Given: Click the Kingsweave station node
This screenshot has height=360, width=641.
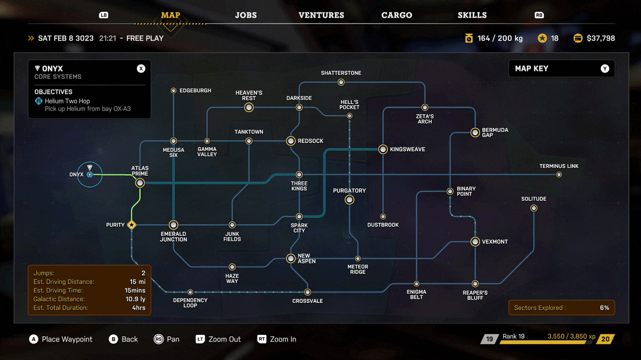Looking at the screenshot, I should (x=383, y=149).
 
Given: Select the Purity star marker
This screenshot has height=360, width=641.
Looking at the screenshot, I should (x=132, y=225).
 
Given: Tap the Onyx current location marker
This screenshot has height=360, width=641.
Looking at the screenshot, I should (x=90, y=174).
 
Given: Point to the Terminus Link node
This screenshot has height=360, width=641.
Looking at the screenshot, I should (x=559, y=175).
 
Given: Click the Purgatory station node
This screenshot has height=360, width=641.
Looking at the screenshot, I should (x=350, y=200).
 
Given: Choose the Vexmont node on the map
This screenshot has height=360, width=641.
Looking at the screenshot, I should (x=475, y=242).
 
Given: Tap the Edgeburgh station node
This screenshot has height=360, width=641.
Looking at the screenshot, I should (x=174, y=90).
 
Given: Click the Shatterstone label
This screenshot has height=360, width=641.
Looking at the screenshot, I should (x=341, y=73).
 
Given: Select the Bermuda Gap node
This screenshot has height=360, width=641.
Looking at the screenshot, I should (x=475, y=133).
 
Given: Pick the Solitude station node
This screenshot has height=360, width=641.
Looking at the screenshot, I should (x=534, y=208).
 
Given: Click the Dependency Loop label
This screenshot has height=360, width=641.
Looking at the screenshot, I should (x=190, y=303).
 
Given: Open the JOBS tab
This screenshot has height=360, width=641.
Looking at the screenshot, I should (x=246, y=15).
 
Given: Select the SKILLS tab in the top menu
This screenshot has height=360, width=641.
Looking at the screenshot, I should (x=472, y=15).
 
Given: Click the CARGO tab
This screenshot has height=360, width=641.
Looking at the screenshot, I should (x=396, y=15).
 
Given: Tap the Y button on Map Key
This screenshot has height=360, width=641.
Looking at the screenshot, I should (x=604, y=69).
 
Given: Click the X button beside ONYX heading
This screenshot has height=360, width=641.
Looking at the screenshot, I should (x=141, y=69).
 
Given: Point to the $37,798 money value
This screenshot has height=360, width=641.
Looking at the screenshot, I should (x=600, y=38).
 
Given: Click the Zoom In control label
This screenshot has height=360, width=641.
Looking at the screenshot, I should (x=283, y=339).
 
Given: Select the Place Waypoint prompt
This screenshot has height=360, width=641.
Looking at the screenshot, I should (x=67, y=339).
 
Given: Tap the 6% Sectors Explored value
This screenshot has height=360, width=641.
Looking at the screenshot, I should (x=604, y=308).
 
